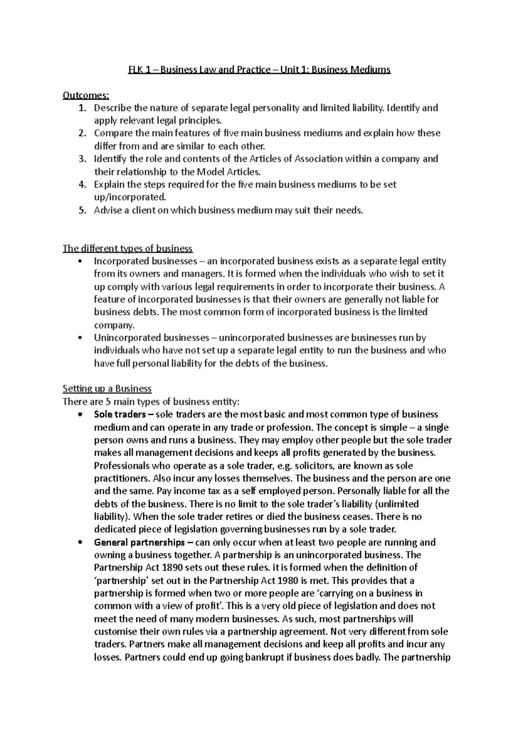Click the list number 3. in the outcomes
(x=83, y=159)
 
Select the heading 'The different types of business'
(x=127, y=249)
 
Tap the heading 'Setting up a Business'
(x=107, y=389)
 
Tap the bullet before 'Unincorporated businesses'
(x=79, y=338)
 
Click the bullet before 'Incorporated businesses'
(x=79, y=262)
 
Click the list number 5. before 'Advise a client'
(x=83, y=211)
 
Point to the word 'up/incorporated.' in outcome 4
(x=129, y=198)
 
